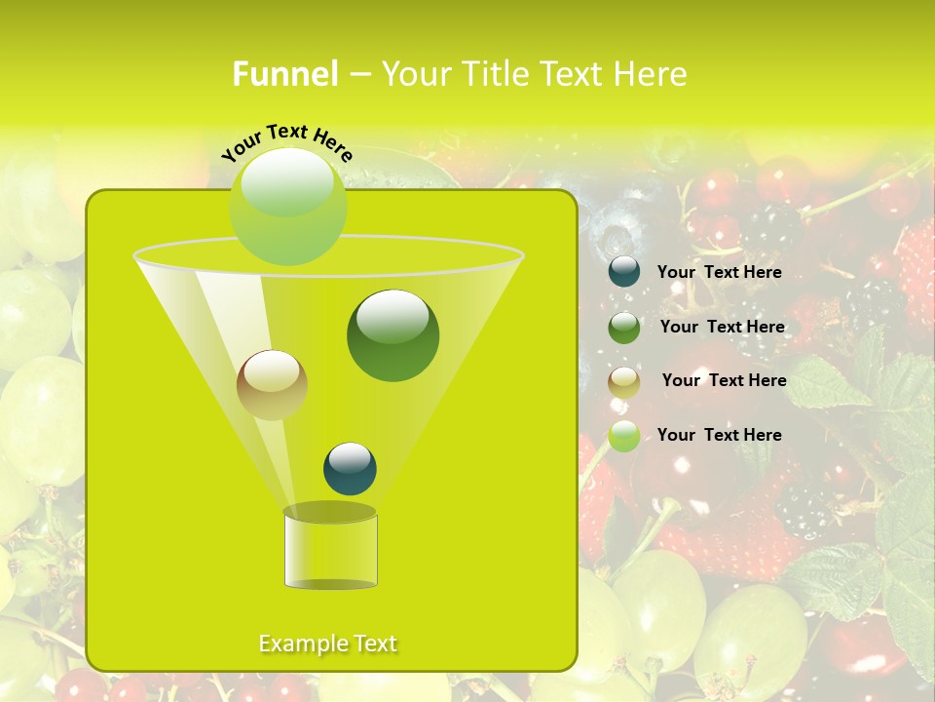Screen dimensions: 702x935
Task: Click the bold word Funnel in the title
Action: coord(284,74)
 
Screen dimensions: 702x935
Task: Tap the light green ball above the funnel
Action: coord(287,207)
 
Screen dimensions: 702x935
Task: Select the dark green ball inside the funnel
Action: coord(393,335)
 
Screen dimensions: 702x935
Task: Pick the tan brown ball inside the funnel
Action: coord(272,385)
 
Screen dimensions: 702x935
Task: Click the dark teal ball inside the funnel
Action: coord(350,468)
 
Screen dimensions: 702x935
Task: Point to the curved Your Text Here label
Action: coord(287,141)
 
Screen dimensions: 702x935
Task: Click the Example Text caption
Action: coord(328,643)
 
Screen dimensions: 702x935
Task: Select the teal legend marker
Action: coord(624,272)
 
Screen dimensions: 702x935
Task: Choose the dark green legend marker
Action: coord(624,328)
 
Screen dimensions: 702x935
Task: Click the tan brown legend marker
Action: coord(624,381)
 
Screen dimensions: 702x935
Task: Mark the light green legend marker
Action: coord(624,436)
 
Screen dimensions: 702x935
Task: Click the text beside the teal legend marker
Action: coord(719,272)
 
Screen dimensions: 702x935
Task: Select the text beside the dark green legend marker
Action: coord(722,327)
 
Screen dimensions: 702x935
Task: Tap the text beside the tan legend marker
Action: coord(724,380)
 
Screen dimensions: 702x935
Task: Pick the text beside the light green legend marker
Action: coord(719,435)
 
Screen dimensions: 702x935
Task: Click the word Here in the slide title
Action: coord(649,74)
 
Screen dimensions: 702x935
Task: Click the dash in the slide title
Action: coord(358,74)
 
